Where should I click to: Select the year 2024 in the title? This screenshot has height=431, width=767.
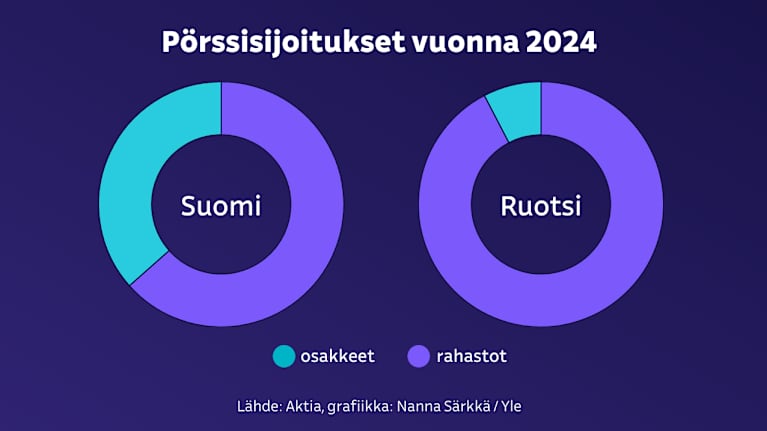tap(561, 44)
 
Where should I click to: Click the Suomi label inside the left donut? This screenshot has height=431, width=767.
tap(221, 206)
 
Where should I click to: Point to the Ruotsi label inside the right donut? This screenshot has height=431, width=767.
tap(541, 206)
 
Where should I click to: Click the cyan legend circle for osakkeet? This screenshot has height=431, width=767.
tap(284, 355)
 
